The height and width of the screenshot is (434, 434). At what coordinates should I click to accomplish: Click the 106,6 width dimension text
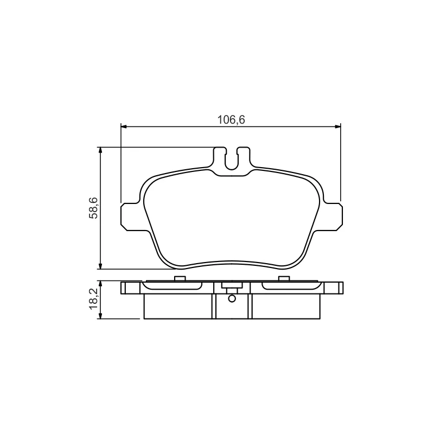[x=231, y=120]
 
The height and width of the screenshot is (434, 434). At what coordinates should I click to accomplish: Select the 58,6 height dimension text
[x=93, y=208]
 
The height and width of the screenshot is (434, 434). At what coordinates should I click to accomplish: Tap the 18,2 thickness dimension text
[x=93, y=299]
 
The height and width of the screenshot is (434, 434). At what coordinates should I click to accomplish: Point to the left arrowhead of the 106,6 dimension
[x=124, y=126]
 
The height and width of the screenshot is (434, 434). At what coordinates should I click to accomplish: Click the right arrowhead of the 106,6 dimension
[x=337, y=126]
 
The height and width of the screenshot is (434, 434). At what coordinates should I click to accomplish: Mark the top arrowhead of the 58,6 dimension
[x=100, y=150]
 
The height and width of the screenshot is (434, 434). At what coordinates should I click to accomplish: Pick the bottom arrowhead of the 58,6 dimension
[x=100, y=266]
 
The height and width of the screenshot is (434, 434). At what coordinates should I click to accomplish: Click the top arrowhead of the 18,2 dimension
[x=100, y=284]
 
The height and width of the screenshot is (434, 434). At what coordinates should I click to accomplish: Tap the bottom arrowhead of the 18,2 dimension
[x=100, y=316]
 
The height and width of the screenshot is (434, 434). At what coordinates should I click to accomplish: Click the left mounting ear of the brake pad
[x=131, y=216]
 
